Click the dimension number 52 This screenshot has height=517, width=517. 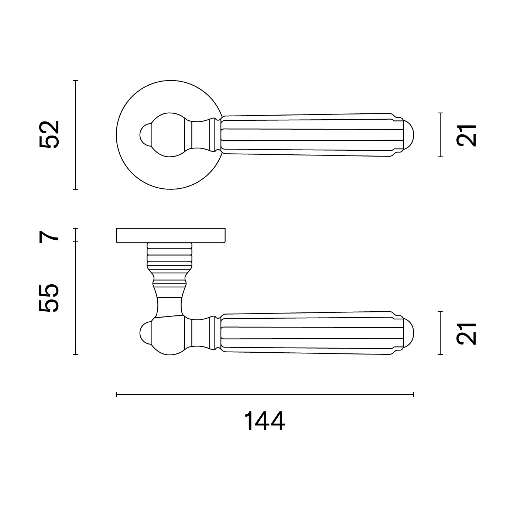pos(49,134)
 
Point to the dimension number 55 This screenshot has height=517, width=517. pos(49,298)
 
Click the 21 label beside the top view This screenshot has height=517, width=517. pos(466,135)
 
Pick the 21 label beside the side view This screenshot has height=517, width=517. pos(466,333)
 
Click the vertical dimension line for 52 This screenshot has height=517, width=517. pos(75,135)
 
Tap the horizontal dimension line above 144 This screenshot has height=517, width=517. pos(265,394)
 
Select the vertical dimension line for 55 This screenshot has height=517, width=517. pos(75,298)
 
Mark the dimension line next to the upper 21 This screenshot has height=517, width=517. pos(440,135)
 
